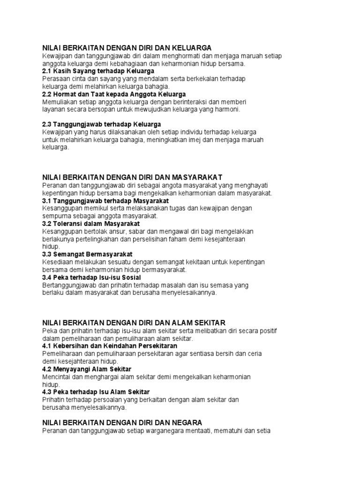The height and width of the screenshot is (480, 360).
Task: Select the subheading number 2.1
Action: (x=47, y=71)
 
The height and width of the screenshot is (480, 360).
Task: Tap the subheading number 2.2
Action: (x=47, y=94)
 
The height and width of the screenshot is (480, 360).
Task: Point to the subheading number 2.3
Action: (x=47, y=124)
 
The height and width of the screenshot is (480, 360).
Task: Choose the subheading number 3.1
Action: (x=47, y=201)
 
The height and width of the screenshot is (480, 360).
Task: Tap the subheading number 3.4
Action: (x=47, y=277)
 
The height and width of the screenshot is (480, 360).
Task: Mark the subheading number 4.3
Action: (x=47, y=392)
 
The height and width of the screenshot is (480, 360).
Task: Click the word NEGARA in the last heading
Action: (x=186, y=422)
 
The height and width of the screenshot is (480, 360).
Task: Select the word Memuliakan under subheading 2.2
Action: (x=59, y=102)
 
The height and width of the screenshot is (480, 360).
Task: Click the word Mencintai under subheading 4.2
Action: (x=56, y=377)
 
